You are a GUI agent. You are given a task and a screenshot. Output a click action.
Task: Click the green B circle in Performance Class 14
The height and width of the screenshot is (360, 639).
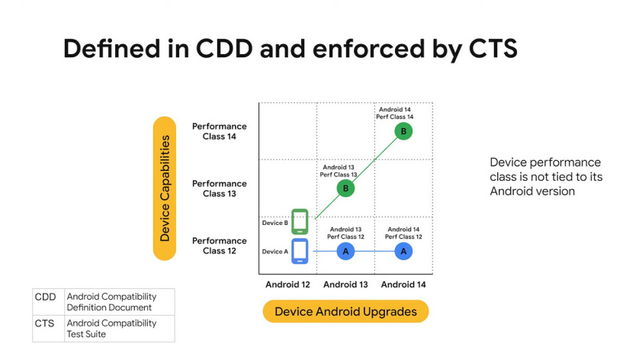(x=403, y=131)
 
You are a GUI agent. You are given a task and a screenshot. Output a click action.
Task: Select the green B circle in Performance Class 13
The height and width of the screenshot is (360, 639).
(x=345, y=188)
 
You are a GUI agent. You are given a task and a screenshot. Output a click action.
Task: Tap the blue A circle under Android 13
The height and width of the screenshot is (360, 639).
(x=345, y=251)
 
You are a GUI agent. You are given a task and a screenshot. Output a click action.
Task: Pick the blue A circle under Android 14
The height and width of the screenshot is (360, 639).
(x=403, y=251)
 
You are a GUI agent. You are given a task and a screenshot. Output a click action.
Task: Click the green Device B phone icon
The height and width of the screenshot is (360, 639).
(x=300, y=221)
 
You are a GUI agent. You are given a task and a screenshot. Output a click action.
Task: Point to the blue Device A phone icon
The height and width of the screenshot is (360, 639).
(x=300, y=251)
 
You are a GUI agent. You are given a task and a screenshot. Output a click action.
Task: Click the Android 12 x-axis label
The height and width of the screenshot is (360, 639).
(x=287, y=284)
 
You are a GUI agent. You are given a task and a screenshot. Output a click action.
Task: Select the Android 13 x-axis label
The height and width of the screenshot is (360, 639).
(x=345, y=284)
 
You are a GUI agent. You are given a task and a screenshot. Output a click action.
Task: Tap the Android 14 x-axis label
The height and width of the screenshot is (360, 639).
(x=403, y=284)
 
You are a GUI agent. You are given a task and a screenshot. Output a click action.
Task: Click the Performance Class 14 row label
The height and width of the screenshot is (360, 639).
(x=220, y=131)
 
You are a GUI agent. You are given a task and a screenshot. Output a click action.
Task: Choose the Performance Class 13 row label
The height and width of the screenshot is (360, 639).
(x=220, y=188)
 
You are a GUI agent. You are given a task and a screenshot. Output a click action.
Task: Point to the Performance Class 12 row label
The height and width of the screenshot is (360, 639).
(x=220, y=246)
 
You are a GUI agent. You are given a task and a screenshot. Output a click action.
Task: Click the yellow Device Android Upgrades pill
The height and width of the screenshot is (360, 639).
(x=345, y=311)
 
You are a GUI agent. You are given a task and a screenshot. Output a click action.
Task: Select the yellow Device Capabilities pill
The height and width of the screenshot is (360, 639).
(x=165, y=188)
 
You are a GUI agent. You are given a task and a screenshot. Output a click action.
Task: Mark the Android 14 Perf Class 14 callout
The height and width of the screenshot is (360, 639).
(x=394, y=113)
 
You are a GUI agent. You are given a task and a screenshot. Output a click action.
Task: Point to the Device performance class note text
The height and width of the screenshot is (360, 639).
(x=546, y=176)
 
